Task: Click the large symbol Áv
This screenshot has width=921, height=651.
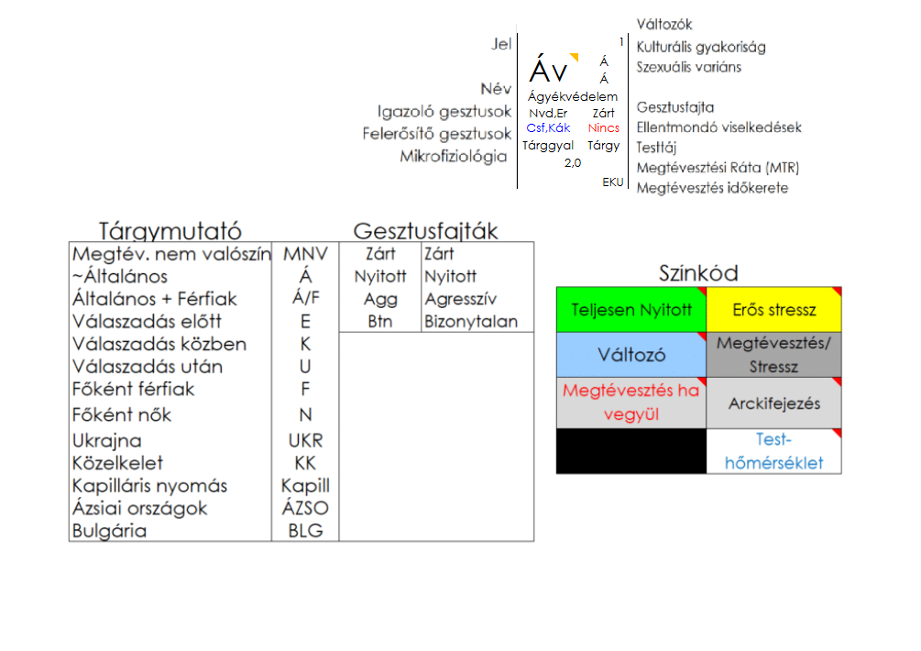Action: pyautogui.click(x=548, y=70)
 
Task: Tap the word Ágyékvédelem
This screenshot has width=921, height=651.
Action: pyautogui.click(x=573, y=96)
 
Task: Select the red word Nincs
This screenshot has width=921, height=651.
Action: pyautogui.click(x=604, y=128)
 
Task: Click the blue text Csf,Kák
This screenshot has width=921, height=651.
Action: pyautogui.click(x=548, y=128)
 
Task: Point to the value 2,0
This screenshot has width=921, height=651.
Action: pyautogui.click(x=573, y=162)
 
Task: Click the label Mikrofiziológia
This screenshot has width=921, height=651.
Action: pyautogui.click(x=453, y=157)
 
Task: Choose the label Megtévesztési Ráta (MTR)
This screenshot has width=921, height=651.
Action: pyautogui.click(x=718, y=168)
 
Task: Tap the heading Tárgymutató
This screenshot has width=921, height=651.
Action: pyautogui.click(x=170, y=231)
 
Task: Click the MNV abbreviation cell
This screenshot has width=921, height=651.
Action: pyautogui.click(x=305, y=254)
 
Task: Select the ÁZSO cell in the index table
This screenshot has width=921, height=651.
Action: pyautogui.click(x=305, y=508)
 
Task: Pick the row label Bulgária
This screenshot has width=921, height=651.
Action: pyautogui.click(x=110, y=531)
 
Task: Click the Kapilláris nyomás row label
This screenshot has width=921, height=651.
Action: pyautogui.click(x=149, y=486)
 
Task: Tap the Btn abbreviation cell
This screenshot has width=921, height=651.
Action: pyautogui.click(x=380, y=322)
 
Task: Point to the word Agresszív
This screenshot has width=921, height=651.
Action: pyautogui.click(x=460, y=299)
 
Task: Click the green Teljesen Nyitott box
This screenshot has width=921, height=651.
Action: pyautogui.click(x=631, y=310)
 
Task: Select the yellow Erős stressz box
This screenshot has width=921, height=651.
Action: pyautogui.click(x=774, y=310)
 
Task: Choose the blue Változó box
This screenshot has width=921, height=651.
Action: pyautogui.click(x=631, y=355)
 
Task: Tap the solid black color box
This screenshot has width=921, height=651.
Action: pyautogui.click(x=631, y=451)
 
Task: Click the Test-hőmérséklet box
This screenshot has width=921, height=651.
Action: pyautogui.click(x=774, y=451)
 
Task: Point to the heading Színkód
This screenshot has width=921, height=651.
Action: pyautogui.click(x=698, y=273)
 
